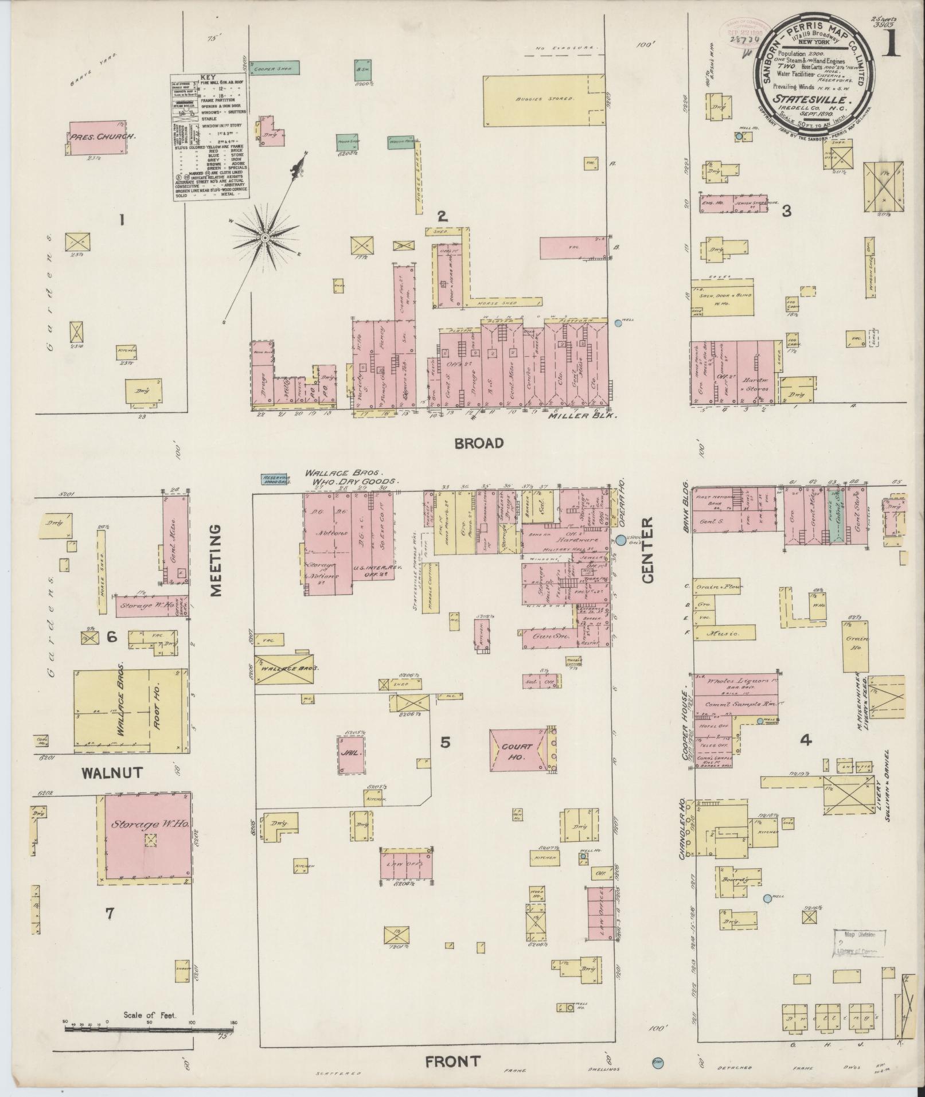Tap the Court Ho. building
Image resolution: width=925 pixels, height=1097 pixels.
click(x=519, y=751)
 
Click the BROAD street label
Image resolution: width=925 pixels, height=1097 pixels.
click(x=479, y=443)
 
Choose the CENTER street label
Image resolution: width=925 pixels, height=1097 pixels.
click(x=647, y=551)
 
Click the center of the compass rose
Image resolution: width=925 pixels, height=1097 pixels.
click(x=266, y=237)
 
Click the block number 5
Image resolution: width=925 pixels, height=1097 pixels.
click(x=445, y=743)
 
